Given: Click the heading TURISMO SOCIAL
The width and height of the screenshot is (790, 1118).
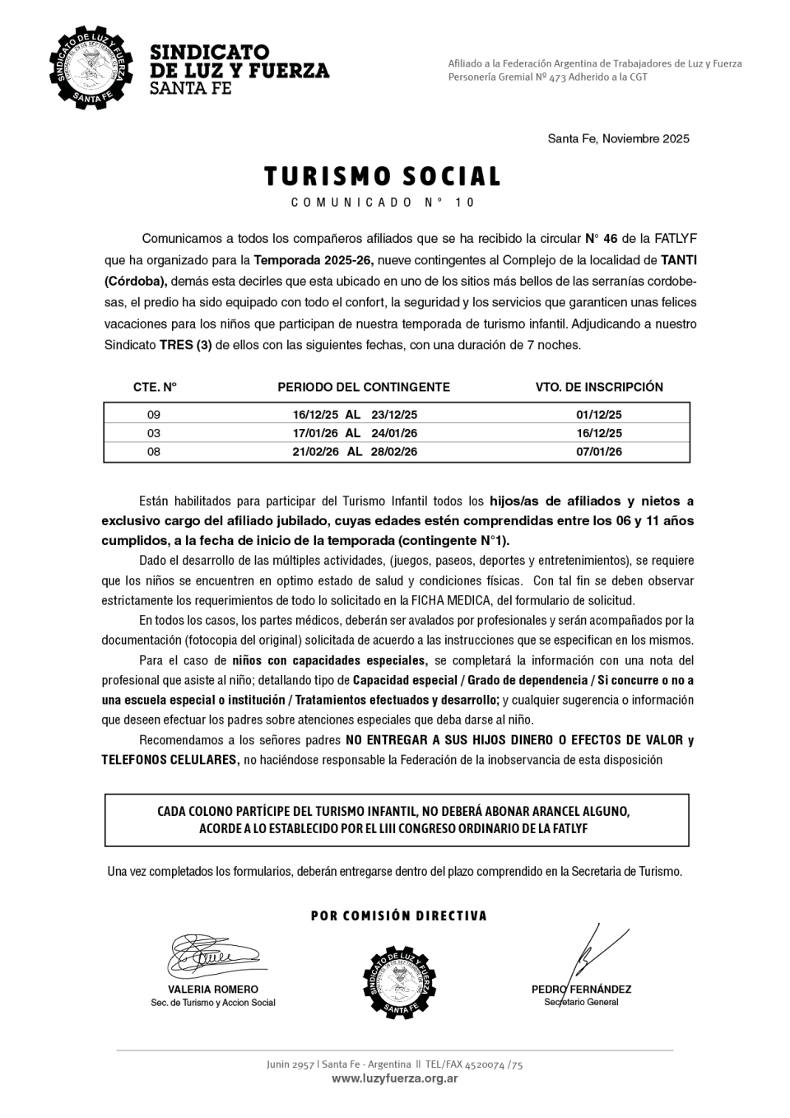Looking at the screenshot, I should pyautogui.click(x=382, y=177).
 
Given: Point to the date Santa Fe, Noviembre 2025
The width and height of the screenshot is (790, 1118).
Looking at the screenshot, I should pyautogui.click(x=618, y=138).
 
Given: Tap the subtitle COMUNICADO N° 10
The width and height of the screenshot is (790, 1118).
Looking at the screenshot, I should pyautogui.click(x=383, y=203).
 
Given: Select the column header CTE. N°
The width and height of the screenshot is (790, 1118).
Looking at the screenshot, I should pyautogui.click(x=155, y=387).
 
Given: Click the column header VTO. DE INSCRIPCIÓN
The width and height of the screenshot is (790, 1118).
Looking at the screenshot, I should pyautogui.click(x=598, y=387).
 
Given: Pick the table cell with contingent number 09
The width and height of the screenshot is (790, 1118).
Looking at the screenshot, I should pyautogui.click(x=154, y=415).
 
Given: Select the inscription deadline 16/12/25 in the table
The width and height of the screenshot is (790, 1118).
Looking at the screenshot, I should pyautogui.click(x=598, y=433).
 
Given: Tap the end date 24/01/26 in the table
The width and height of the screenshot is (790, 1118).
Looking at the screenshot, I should pyautogui.click(x=394, y=433).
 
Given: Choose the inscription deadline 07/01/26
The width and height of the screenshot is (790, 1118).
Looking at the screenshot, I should pyautogui.click(x=598, y=452).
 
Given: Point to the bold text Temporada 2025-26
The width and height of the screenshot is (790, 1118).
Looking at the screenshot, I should pyautogui.click(x=313, y=260).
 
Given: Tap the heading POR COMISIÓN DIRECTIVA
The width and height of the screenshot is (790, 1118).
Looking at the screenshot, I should pyautogui.click(x=399, y=915).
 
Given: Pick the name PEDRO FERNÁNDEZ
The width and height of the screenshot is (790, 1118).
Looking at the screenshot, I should pyautogui.click(x=581, y=990).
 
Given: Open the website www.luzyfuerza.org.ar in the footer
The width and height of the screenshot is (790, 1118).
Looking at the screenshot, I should pyautogui.click(x=394, y=1078).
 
